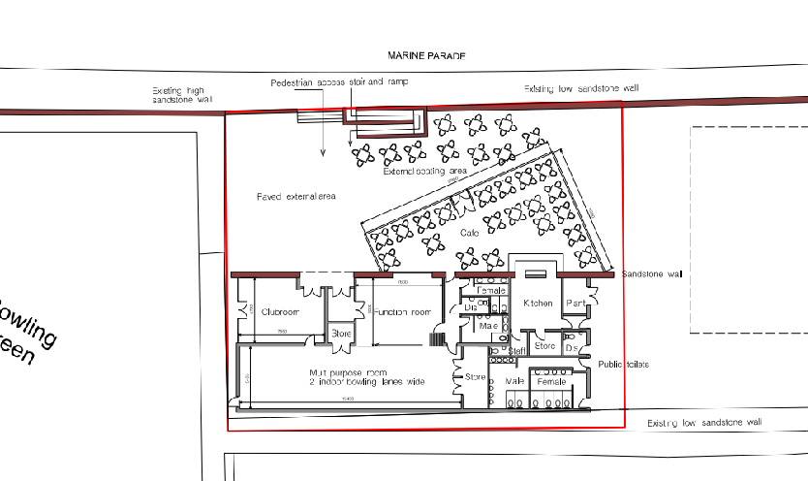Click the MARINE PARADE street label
426,57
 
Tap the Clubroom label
279,311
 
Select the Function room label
402,311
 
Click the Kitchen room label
538,304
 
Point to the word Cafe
470,234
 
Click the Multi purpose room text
348,372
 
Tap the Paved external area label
295,197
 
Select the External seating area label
424,172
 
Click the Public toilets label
623,365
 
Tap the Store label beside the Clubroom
341,335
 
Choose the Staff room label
517,350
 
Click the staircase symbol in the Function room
437,338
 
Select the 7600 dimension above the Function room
402,282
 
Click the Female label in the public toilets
551,382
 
